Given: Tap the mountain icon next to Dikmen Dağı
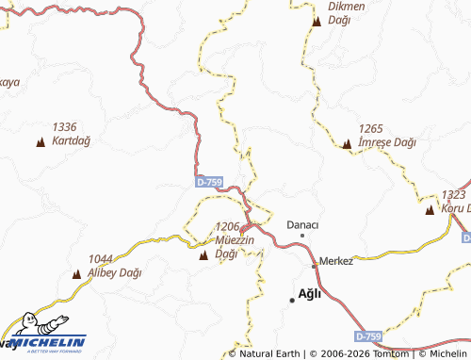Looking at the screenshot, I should pyautogui.click(x=316, y=20).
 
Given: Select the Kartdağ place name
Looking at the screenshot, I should pyautogui.click(x=71, y=140).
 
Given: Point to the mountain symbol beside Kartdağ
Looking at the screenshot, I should pyautogui.click(x=40, y=142).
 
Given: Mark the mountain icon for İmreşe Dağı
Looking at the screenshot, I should pyautogui.click(x=347, y=144).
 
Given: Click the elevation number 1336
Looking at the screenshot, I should pyautogui.click(x=64, y=127).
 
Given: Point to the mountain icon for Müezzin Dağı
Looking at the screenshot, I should pyautogui.click(x=204, y=254).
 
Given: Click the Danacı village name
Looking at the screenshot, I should pyautogui.click(x=302, y=224).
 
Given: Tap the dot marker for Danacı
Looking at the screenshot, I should pyautogui.click(x=302, y=235).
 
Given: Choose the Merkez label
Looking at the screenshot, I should pyautogui.click(x=336, y=261).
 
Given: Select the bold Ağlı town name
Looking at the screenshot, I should pyautogui.click(x=309, y=293).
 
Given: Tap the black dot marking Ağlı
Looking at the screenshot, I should pyautogui.click(x=291, y=299).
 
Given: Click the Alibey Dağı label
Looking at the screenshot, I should pyautogui.click(x=114, y=266).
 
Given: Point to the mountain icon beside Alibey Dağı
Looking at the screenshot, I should pyautogui.click(x=76, y=274).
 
